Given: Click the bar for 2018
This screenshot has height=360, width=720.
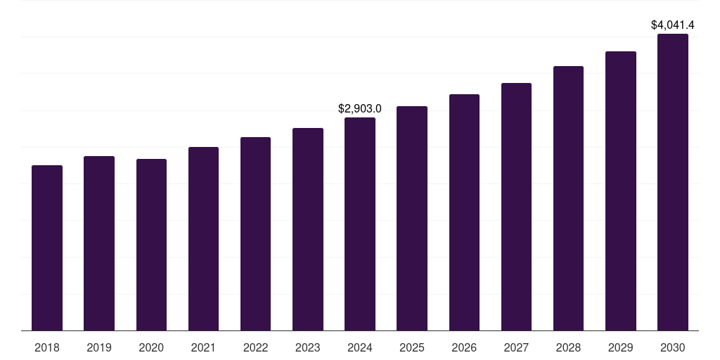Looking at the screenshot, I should pos(47,247).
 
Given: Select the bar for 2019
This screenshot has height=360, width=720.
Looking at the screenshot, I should pos(99,243).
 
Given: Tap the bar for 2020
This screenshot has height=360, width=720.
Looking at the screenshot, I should pos(151,245).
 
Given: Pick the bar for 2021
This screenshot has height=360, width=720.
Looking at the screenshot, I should pos(203,238).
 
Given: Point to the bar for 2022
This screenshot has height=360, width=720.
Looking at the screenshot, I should pos(255,233).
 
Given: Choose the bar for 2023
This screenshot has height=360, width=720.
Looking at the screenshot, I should pos(308,229).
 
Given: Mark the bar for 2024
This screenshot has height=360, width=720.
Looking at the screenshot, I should pos(360,224).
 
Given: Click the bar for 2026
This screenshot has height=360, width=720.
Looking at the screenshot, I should pos(464,212).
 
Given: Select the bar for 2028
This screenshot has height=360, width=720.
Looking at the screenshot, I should pos(568,198).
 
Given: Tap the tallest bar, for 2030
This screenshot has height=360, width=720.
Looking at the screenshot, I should pos(673,182).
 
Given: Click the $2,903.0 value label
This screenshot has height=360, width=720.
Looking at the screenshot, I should pos(360,109).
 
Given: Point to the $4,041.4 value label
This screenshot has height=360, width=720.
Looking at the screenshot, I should pos(673,25).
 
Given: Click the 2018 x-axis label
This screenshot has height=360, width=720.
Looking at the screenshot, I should pos(47,347).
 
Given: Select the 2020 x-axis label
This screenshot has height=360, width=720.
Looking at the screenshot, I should pos(151,347).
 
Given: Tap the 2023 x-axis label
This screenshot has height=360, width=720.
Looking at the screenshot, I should pos(308,347).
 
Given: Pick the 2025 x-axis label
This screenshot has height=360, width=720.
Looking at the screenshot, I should pos(412,347).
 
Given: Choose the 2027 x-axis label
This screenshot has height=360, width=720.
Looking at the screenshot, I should pos(516,347).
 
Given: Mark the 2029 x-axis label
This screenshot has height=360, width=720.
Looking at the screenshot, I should pos(621,347).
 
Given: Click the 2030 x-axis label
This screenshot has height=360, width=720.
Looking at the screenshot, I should pos(673,347).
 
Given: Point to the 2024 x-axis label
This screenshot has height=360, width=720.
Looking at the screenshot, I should pos(360,347).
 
